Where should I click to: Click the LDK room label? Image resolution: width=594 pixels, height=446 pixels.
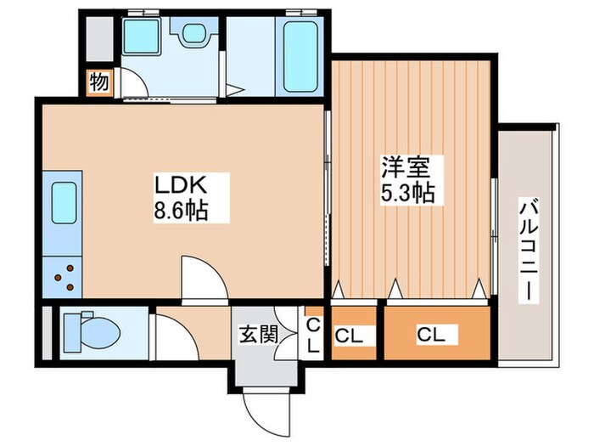point(180,183)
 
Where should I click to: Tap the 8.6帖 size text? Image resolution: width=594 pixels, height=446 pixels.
point(180,208)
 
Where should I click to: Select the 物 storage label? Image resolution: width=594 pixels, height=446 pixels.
point(98,83)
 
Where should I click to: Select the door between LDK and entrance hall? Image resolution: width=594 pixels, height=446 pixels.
point(204,280)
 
